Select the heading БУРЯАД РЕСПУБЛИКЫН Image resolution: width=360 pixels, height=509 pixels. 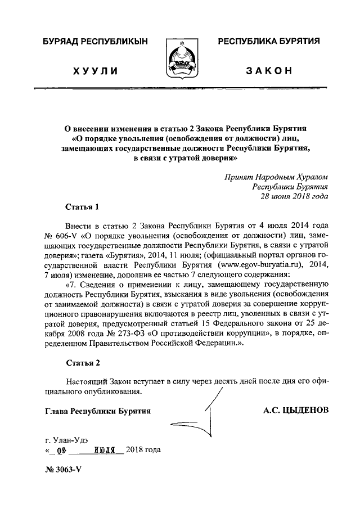coord(94,42)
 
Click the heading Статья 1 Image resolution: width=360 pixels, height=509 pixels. coord(82,206)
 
